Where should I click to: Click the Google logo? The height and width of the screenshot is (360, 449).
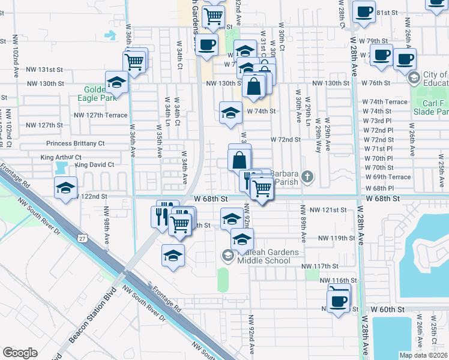point(20,353)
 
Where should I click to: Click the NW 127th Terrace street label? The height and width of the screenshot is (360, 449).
point(101,115)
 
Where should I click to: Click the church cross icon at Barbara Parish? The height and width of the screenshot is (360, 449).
point(307,177)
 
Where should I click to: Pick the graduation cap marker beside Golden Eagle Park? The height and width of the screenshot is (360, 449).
point(116,82)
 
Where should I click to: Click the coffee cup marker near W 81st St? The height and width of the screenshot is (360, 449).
point(364,12)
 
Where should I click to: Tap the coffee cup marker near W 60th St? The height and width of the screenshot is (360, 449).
point(339,299)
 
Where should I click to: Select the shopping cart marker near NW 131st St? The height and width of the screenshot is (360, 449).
point(134,61)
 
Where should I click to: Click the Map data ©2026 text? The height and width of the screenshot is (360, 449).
point(423,355)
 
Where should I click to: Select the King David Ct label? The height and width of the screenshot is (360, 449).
point(94,164)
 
